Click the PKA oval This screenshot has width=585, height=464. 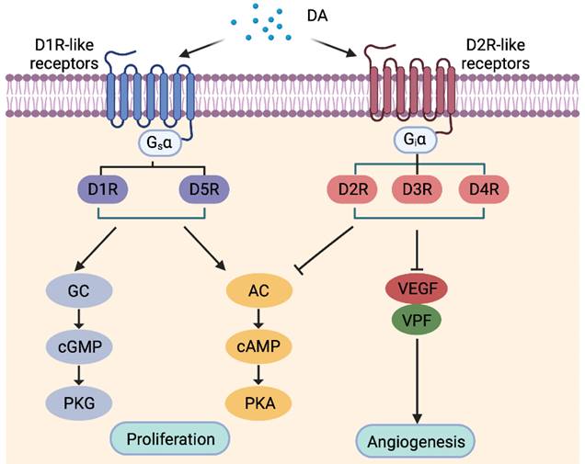pyautogui.click(x=259, y=401)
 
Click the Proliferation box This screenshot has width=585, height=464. pyautogui.click(x=170, y=438)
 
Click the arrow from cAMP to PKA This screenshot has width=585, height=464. pyautogui.click(x=259, y=373)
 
